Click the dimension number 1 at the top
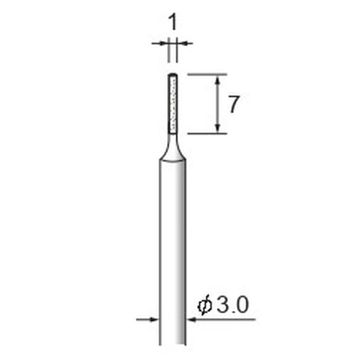(174, 22)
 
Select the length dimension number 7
(233, 104)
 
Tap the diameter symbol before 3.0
(204, 306)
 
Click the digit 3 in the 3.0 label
(223, 305)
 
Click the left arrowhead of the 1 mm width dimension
(163, 43)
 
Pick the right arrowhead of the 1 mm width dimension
(181, 43)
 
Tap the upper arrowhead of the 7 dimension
(217, 80)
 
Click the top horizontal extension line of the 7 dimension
(207, 75)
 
